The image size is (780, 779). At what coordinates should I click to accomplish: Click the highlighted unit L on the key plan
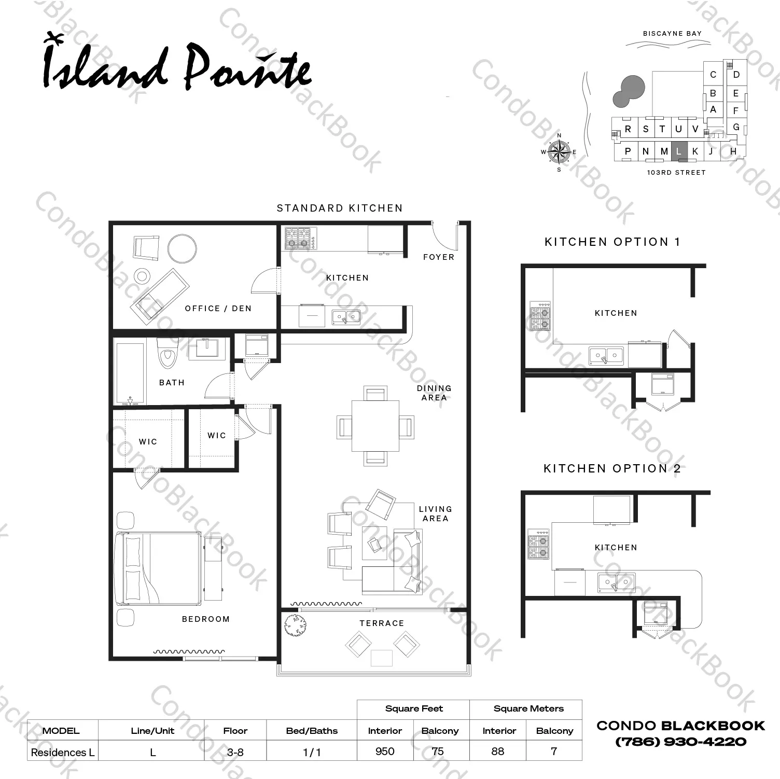pyautogui.click(x=679, y=151)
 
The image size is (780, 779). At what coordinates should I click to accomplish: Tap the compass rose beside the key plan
pyautogui.click(x=559, y=151)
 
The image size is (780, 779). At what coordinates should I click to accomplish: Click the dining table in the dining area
pyautogui.click(x=375, y=426)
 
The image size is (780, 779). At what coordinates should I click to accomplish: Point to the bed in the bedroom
pyautogui.click(x=158, y=568)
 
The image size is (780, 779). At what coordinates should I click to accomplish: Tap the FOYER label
pyautogui.click(x=439, y=257)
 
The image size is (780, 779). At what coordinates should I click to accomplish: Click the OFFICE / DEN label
pyautogui.click(x=218, y=309)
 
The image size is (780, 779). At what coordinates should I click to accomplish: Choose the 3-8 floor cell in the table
pyautogui.click(x=235, y=752)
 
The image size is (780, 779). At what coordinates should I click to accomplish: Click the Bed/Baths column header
pyautogui.click(x=312, y=731)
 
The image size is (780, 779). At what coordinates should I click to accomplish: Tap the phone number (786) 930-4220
pyautogui.click(x=681, y=742)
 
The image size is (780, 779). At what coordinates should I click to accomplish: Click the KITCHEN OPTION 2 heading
pyautogui.click(x=612, y=468)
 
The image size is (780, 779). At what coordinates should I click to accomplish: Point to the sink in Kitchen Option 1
pyautogui.click(x=606, y=356)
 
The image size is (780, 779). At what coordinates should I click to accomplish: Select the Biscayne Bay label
pyautogui.click(x=672, y=34)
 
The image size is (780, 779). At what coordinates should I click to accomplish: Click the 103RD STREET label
pyautogui.click(x=676, y=173)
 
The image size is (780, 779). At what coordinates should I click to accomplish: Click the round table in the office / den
pyautogui.click(x=182, y=248)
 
